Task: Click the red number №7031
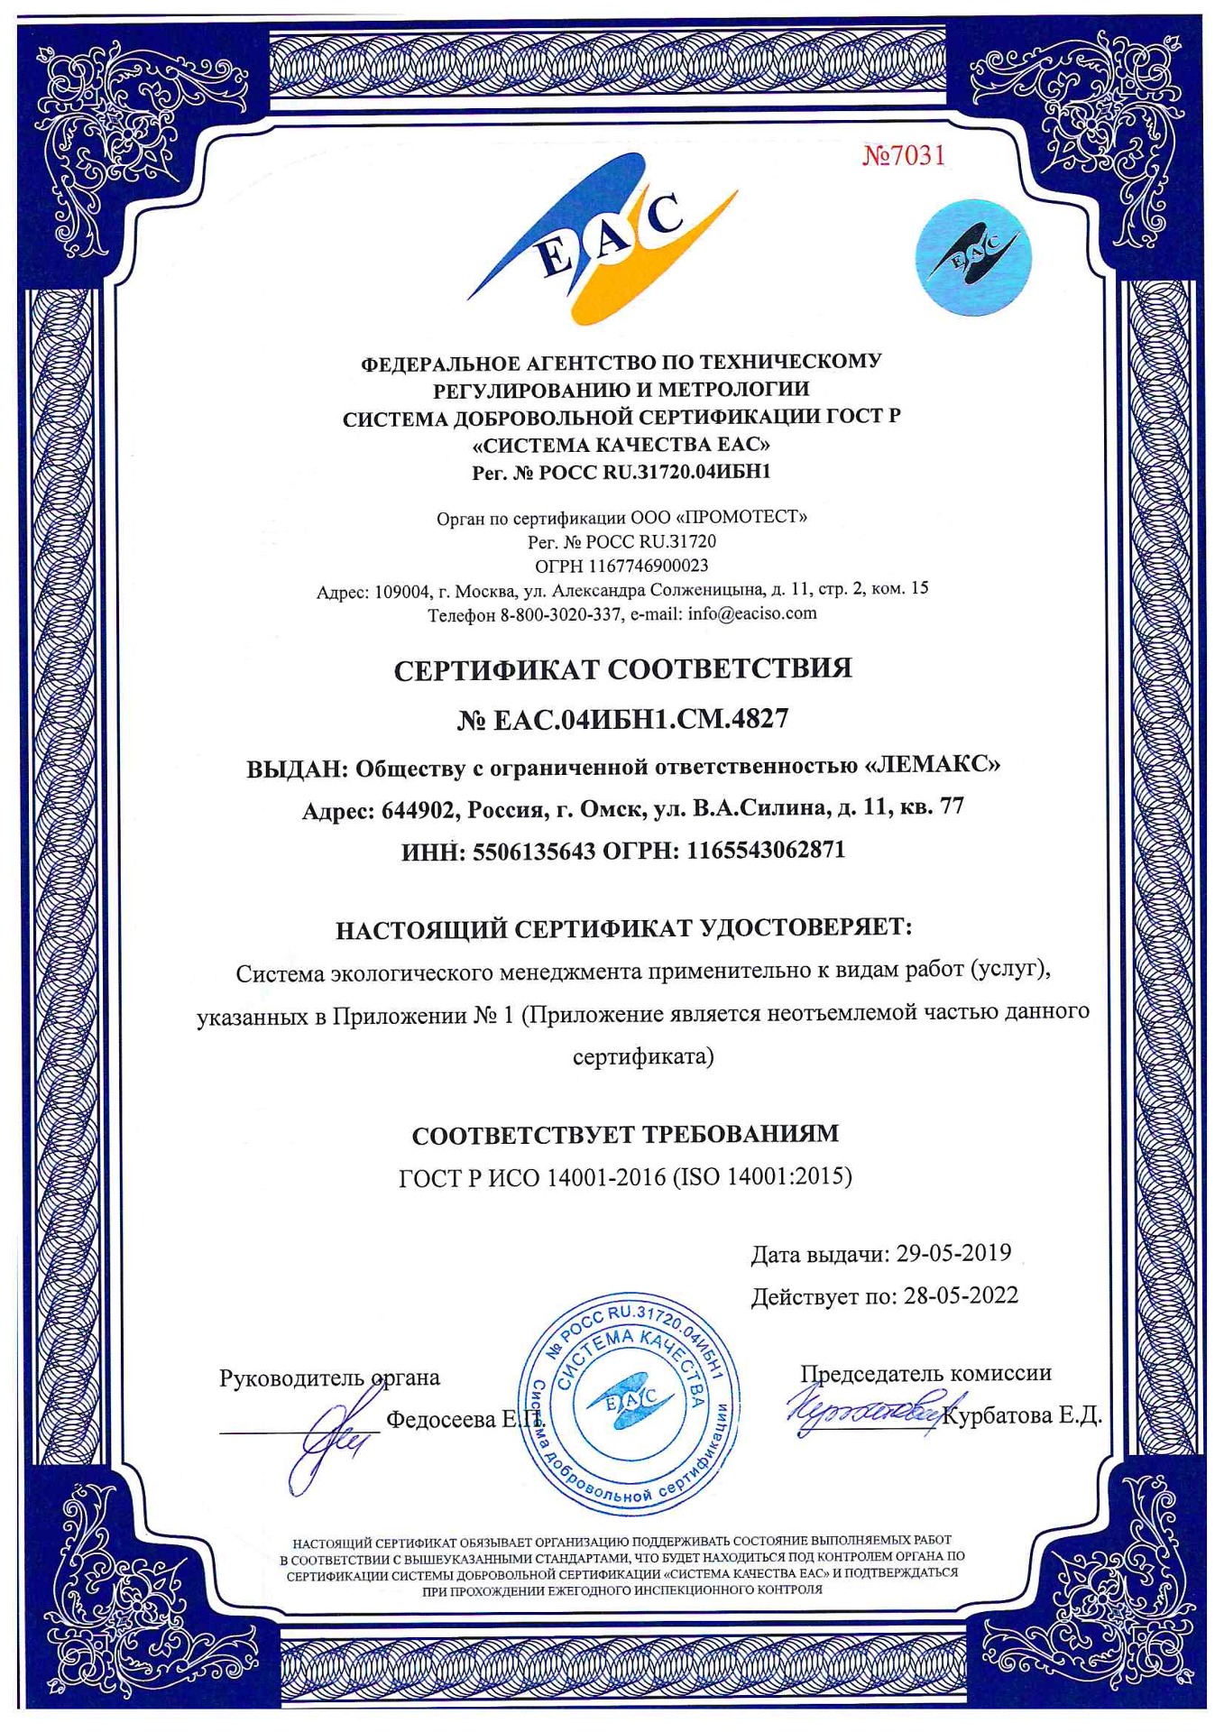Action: [x=904, y=156]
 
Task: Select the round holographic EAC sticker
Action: [x=972, y=257]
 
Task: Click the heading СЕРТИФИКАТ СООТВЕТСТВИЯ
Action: [x=622, y=669]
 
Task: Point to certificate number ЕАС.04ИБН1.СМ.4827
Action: [x=640, y=719]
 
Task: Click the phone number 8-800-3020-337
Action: [x=560, y=615]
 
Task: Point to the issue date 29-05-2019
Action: [x=953, y=1253]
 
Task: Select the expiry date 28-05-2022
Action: [x=961, y=1296]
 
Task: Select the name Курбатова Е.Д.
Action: [x=1021, y=1415]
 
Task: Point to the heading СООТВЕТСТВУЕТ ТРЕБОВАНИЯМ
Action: [x=625, y=1134]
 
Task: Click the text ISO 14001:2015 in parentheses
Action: [x=762, y=1176]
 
